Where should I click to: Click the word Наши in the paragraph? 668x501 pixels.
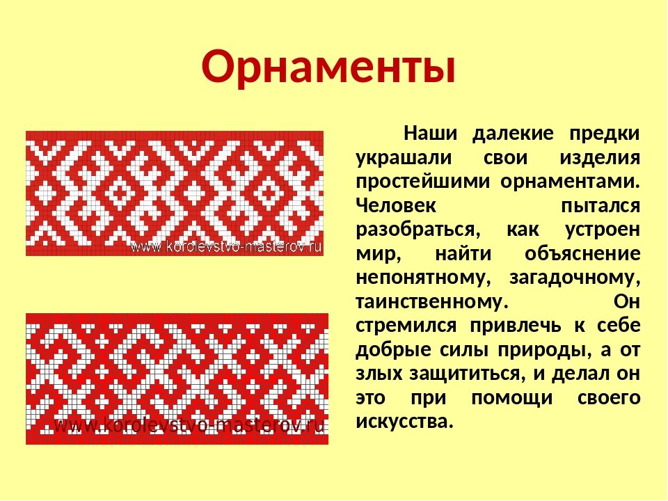(x=430, y=134)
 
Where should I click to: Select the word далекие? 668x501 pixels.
(x=514, y=134)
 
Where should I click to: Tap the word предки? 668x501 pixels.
(x=605, y=134)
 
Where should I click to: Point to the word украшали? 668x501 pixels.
(x=404, y=159)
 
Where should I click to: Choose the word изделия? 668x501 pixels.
(x=600, y=159)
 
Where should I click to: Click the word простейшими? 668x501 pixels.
(x=422, y=182)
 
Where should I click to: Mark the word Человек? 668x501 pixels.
(x=396, y=206)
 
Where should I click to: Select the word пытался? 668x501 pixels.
(x=601, y=206)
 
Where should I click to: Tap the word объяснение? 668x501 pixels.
(x=582, y=254)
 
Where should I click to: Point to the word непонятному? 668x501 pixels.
(x=420, y=278)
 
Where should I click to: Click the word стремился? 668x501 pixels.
(x=406, y=326)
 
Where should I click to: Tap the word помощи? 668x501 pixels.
(x=511, y=399)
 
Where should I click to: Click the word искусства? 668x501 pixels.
(x=403, y=422)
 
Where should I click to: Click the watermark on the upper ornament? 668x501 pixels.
(x=226, y=246)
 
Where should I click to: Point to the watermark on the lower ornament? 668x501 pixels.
(x=190, y=425)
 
